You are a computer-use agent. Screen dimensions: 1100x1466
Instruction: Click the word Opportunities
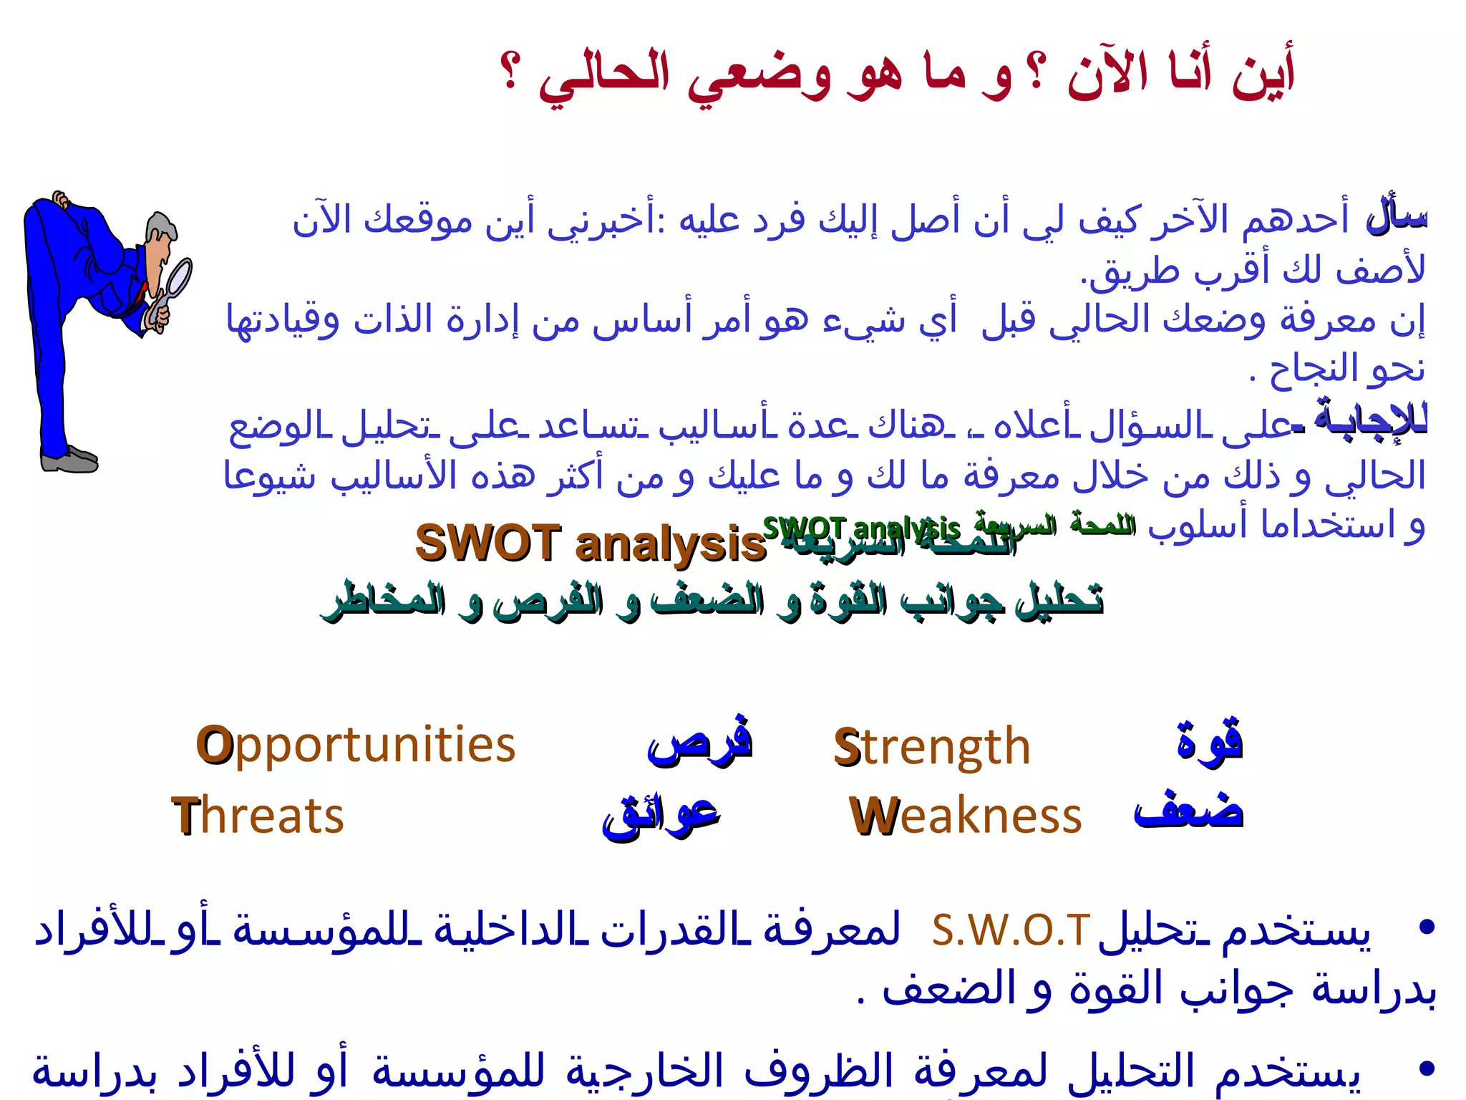pos(356,746)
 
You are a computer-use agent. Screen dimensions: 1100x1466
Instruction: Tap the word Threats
pos(258,816)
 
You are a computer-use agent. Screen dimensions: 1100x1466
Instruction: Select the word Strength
pos(932,747)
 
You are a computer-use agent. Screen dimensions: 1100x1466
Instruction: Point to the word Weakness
pos(966,816)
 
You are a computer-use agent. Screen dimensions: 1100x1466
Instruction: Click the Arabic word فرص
pos(699,742)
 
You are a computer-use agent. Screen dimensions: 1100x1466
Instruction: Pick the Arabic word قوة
pos(1210,742)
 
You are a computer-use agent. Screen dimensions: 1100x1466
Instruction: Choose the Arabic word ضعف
pos(1188,812)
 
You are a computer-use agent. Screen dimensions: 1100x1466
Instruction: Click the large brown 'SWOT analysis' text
pos(591,543)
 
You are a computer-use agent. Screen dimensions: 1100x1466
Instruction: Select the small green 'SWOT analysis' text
pos(860,529)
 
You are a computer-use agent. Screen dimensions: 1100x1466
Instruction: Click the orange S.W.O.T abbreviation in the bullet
pos(1011,930)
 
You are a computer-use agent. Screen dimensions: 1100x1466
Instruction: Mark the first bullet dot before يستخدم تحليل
pos(1427,927)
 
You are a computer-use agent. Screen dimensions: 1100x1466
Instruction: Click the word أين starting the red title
pos(1263,75)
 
